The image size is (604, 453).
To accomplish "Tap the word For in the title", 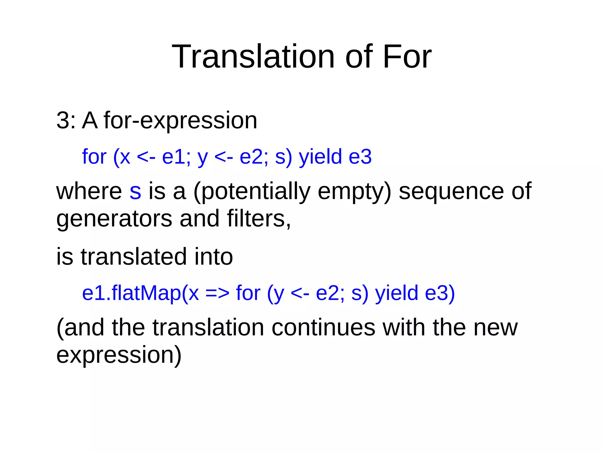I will (x=407, y=57).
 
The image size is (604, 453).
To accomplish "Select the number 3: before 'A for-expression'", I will (x=66, y=120).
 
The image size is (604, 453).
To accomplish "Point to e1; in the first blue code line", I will (x=176, y=157).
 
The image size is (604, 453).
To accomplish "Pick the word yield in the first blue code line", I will (x=320, y=157).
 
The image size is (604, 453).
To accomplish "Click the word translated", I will (x=134, y=257).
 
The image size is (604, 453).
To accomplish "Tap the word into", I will (x=214, y=257).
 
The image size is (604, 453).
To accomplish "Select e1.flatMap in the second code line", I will (x=132, y=293).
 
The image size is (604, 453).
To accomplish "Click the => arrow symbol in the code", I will (x=217, y=294).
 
